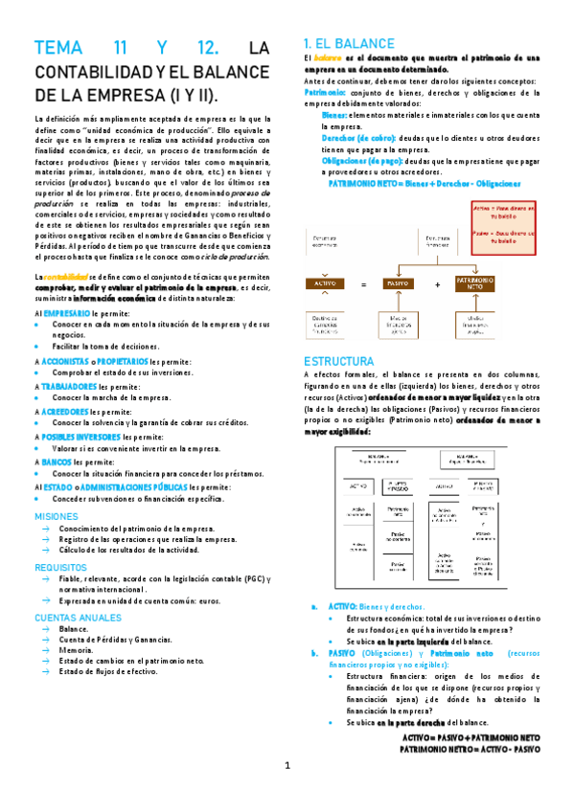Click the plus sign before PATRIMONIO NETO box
[x=437, y=283]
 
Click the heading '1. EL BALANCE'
[x=348, y=43]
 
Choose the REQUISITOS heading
[x=60, y=567]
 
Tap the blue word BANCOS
[x=59, y=461]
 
